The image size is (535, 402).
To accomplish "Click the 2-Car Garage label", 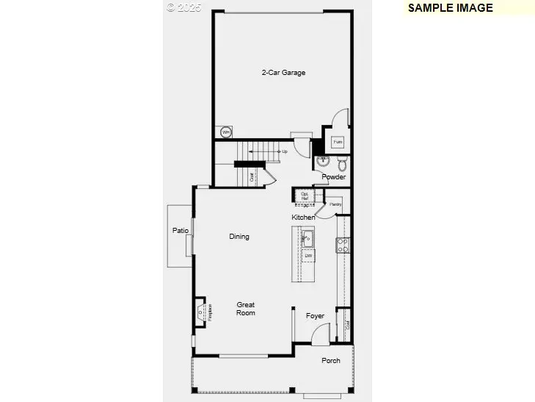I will point(283,73).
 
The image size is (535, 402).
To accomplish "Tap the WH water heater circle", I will point(226,132).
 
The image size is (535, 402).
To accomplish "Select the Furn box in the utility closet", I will point(338,141).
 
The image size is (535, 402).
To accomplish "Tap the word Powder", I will point(333,177).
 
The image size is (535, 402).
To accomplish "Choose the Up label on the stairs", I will point(285,151).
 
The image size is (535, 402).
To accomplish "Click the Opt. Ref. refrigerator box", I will point(305,195).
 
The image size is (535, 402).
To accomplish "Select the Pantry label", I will point(335,204).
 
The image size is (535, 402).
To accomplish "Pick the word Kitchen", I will point(304,218).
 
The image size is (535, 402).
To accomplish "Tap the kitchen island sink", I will point(307,238).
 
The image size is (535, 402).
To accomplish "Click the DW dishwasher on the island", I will point(309,255).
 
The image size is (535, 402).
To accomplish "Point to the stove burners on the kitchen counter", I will point(342,245).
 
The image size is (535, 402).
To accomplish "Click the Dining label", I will point(239,237).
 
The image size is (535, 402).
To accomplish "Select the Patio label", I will point(181,231).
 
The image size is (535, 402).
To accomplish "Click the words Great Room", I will point(246,309).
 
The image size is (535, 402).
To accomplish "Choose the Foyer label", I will point(316,316).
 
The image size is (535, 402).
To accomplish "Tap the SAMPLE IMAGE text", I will point(450,8).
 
